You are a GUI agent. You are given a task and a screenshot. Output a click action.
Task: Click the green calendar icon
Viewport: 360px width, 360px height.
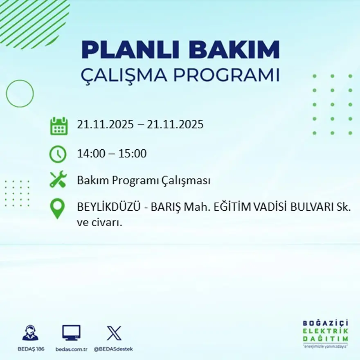(x=59, y=126)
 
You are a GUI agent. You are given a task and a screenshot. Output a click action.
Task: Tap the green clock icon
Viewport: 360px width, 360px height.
(x=58, y=154)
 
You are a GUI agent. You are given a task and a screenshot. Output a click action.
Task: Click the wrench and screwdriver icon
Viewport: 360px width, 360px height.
(x=58, y=180)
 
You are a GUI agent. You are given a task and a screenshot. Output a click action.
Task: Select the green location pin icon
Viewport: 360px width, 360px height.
(x=57, y=208)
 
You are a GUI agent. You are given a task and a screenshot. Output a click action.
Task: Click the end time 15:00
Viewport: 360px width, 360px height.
(x=132, y=154)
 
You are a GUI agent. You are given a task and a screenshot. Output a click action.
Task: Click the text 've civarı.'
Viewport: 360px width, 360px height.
(x=100, y=223)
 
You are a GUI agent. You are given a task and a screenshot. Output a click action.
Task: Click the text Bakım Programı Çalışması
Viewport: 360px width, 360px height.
(x=144, y=180)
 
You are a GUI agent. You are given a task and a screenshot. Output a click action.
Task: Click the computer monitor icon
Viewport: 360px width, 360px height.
(x=71, y=333)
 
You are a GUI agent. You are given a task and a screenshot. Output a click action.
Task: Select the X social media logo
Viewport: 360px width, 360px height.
(x=114, y=333)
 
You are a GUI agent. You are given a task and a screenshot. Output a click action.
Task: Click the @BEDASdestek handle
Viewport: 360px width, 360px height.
(x=113, y=349)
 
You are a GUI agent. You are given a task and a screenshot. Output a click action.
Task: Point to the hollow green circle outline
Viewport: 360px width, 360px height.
(x=20, y=94)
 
